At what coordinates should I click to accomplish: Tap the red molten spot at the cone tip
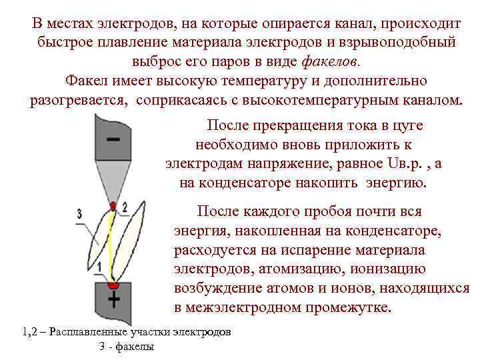tap(113, 205)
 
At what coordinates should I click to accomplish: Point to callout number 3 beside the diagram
tap(79, 213)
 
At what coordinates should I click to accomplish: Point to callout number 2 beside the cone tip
tap(125, 208)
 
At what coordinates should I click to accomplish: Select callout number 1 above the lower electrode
tap(99, 267)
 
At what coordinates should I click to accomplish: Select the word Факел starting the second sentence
tap(86, 81)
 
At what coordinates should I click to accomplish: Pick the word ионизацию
tap(387, 270)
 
